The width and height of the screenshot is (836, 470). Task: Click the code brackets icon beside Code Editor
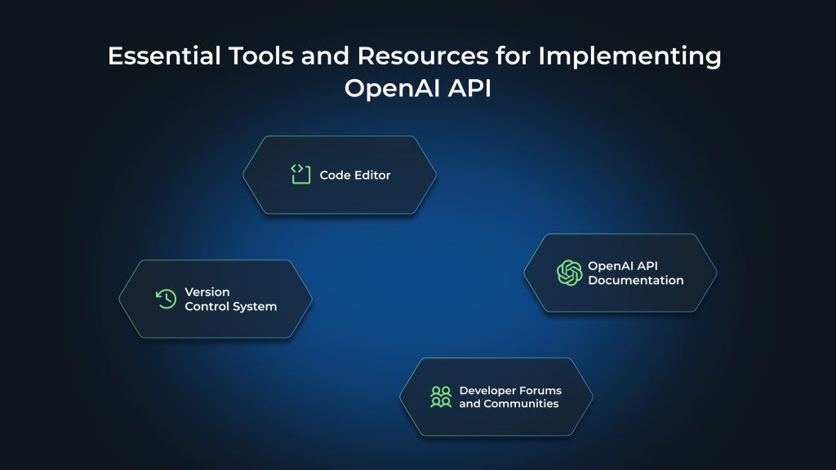click(300, 174)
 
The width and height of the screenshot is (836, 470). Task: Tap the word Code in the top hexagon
click(335, 175)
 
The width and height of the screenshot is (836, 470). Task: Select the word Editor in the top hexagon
click(372, 175)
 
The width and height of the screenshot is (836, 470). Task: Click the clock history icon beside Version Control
click(166, 299)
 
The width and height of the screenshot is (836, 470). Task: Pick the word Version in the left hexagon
click(207, 291)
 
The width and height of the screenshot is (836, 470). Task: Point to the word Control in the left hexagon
click(208, 307)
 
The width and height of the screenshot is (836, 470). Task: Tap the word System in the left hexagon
click(256, 307)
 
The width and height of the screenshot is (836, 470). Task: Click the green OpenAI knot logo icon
click(569, 273)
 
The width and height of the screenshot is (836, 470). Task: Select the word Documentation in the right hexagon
click(635, 280)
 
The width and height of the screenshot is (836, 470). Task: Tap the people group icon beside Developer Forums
click(441, 397)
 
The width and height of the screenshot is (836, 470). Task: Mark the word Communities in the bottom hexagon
click(521, 404)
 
